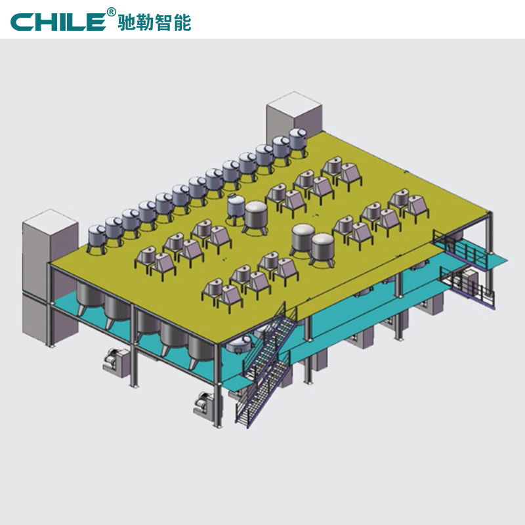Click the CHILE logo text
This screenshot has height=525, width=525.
[x=58, y=22]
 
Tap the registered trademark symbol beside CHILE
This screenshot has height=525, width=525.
[x=111, y=12]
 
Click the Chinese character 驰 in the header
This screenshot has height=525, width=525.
[x=127, y=23]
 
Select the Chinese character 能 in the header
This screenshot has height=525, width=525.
[x=182, y=23]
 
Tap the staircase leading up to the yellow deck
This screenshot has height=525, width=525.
[x=266, y=365]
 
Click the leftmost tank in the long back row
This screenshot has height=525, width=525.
[x=97, y=237]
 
